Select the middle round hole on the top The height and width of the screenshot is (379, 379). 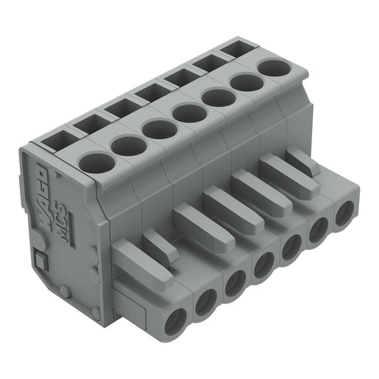pyautogui.click(x=188, y=112)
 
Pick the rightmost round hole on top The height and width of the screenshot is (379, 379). pyautogui.click(x=271, y=68)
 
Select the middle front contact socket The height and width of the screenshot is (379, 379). pyautogui.click(x=265, y=265)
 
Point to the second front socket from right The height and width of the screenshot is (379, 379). pyautogui.click(x=318, y=230)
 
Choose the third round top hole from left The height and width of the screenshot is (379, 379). pyautogui.click(x=159, y=129)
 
